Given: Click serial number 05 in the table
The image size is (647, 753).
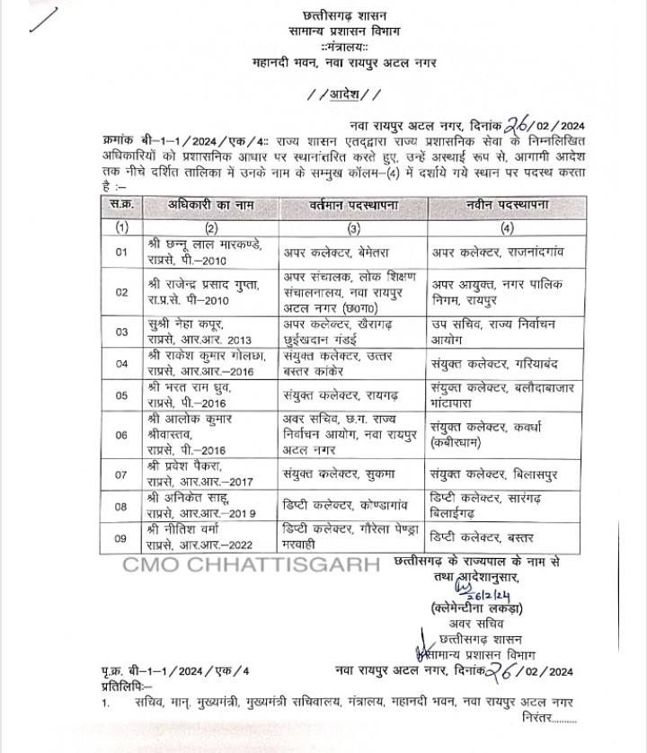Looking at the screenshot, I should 122,393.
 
